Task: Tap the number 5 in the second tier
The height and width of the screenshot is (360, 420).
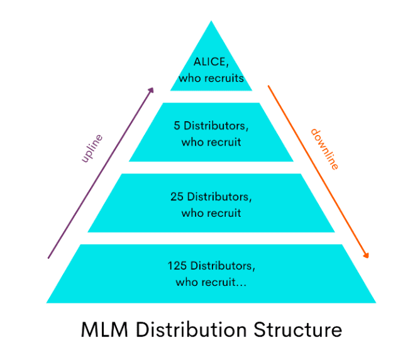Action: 177,125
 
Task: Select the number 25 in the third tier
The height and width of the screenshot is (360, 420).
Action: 177,197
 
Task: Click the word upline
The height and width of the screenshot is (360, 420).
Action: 92,149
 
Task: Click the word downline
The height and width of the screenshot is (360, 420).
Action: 324,149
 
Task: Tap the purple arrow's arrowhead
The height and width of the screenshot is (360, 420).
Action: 151,90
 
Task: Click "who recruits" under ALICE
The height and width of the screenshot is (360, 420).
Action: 211,79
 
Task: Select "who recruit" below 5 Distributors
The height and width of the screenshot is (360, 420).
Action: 211,142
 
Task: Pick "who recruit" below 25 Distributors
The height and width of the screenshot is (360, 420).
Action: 211,213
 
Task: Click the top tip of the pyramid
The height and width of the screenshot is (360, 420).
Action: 211,23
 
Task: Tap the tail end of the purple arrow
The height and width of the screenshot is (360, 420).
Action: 49,257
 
